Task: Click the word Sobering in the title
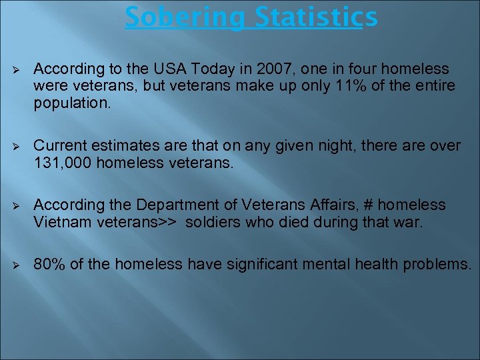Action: [x=180, y=17]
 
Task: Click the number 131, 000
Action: [x=63, y=162]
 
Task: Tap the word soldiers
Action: [x=211, y=221]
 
